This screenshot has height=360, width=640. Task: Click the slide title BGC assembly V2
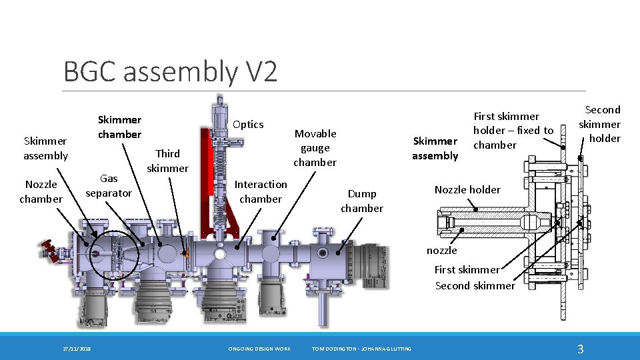(170, 71)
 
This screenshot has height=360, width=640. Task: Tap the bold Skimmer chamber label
(119, 127)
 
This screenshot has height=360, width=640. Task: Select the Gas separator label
(109, 185)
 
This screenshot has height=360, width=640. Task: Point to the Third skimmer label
(167, 161)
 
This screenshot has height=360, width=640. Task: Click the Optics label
(248, 125)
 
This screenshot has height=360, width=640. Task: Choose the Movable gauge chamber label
(315, 148)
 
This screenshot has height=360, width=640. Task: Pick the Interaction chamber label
(261, 191)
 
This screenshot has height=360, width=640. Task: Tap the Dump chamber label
(362, 201)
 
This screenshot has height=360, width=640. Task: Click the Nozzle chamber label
(41, 191)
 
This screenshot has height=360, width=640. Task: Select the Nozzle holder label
(467, 190)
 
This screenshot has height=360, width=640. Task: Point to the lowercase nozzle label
(441, 251)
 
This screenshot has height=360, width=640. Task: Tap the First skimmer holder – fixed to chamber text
(513, 131)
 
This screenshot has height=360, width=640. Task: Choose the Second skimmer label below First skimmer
(475, 286)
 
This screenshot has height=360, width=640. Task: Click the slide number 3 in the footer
(580, 349)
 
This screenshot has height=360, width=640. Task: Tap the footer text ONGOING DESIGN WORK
(259, 349)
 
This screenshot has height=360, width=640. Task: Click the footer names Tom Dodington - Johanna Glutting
(362, 349)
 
